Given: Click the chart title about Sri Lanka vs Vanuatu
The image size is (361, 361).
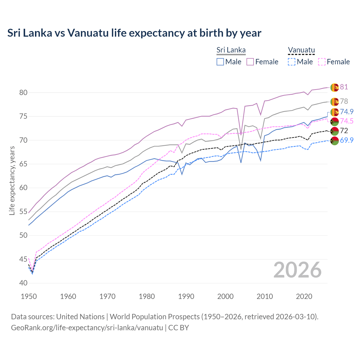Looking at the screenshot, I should (x=134, y=33).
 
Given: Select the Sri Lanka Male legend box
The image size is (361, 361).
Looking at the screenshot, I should (x=220, y=62).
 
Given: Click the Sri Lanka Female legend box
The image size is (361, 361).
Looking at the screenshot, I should (x=250, y=62).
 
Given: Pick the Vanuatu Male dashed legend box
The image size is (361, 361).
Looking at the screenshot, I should (x=292, y=62).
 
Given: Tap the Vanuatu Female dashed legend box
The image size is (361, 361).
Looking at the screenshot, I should (x=322, y=62).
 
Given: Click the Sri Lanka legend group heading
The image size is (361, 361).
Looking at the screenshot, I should (x=231, y=50).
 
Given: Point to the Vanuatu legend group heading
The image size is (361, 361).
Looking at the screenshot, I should (x=301, y=50).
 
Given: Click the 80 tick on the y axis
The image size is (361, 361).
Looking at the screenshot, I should (x=23, y=93).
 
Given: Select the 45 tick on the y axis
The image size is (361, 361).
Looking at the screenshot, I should (x=23, y=259).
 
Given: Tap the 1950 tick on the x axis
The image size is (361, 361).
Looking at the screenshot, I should (x=29, y=296).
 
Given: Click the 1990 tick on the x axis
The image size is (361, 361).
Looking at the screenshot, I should (x=186, y=296).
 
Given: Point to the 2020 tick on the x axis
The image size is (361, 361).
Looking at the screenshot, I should (x=304, y=296).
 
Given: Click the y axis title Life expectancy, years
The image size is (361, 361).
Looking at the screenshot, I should (x=12, y=180).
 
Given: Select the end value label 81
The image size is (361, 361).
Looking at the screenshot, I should (x=344, y=87).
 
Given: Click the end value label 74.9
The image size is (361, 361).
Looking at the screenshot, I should (x=347, y=112).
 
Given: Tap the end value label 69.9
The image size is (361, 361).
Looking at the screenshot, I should (x=347, y=140).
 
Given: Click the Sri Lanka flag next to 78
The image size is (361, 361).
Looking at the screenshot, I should (x=334, y=102).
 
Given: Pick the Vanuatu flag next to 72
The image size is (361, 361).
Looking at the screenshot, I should (x=334, y=131).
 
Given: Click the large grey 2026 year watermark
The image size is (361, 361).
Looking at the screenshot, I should (x=298, y=270).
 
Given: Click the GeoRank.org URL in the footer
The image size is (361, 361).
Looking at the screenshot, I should (x=87, y=328).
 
